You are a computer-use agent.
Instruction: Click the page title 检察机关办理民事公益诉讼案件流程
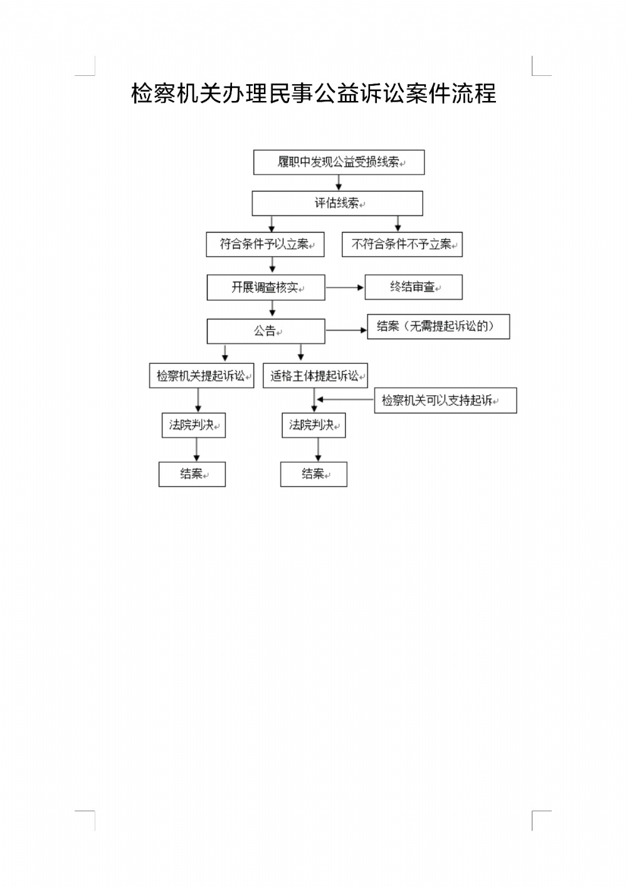click(313, 93)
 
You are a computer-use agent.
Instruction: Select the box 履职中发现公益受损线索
click(339, 162)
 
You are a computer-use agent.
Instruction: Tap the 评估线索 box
click(337, 203)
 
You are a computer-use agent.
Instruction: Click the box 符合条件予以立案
click(265, 244)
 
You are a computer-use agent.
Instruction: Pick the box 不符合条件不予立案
click(402, 244)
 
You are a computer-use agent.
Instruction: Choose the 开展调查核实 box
click(266, 287)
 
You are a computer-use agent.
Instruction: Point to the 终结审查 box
click(414, 287)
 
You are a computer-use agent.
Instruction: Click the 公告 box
click(266, 331)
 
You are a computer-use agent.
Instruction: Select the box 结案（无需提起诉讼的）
click(438, 326)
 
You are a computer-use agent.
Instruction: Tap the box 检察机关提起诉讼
click(201, 376)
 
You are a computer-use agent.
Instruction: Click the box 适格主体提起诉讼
click(315, 376)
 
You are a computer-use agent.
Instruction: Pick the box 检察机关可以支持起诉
click(445, 400)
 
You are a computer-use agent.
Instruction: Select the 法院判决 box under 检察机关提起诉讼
click(193, 425)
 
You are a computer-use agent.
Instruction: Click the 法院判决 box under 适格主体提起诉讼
click(313, 425)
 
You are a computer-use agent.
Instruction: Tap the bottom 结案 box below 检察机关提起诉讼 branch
click(192, 474)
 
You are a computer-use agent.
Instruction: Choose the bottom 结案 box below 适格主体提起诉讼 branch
click(313, 474)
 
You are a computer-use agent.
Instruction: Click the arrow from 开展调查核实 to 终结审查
click(345, 287)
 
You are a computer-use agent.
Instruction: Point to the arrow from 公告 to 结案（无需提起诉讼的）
click(346, 330)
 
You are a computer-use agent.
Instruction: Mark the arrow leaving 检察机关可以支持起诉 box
click(345, 400)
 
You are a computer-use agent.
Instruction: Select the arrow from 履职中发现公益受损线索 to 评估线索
click(339, 183)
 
